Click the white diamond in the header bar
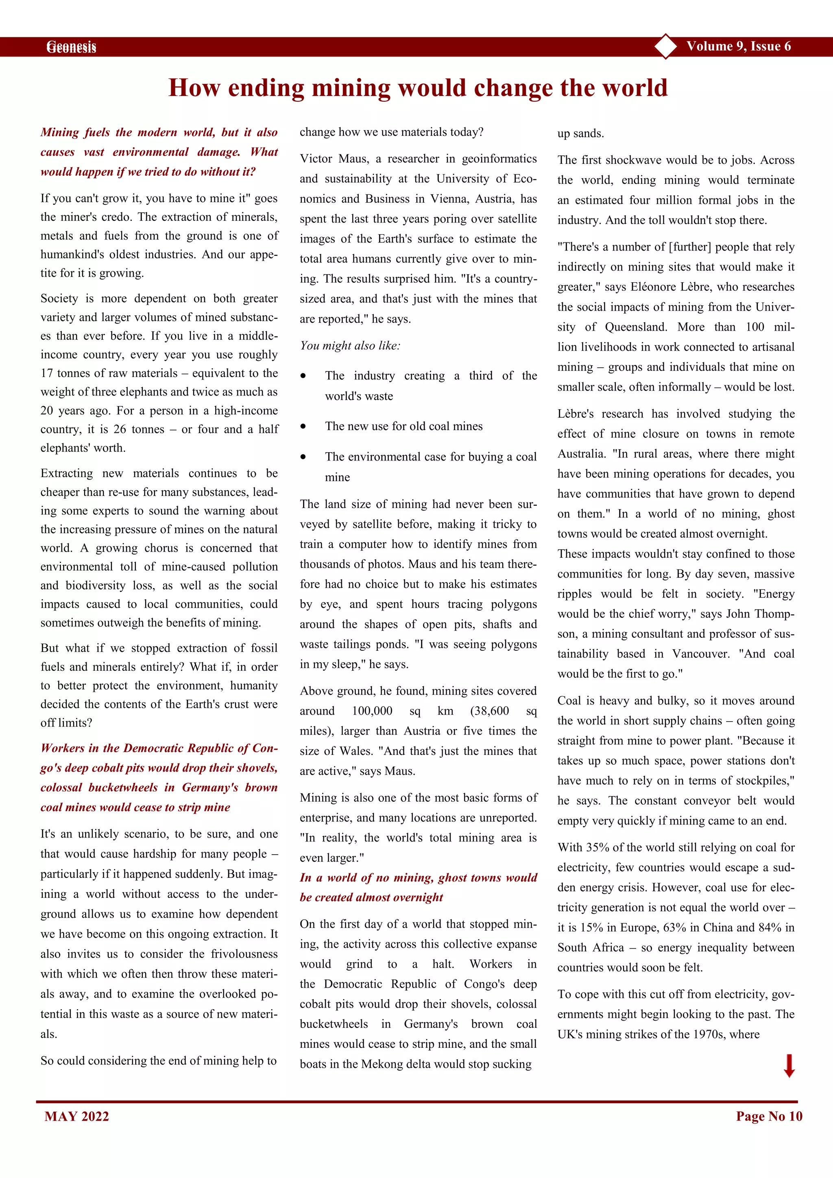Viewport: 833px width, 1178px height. (666, 46)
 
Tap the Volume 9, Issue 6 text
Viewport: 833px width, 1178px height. (738, 46)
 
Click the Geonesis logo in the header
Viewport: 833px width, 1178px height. (71, 47)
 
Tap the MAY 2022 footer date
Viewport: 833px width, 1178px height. (76, 1117)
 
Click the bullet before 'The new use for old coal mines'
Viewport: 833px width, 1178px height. (303, 426)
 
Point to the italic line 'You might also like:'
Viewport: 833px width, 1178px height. (350, 346)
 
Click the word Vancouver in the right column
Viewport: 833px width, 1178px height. (700, 654)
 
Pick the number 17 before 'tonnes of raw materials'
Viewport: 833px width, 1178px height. (47, 373)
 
